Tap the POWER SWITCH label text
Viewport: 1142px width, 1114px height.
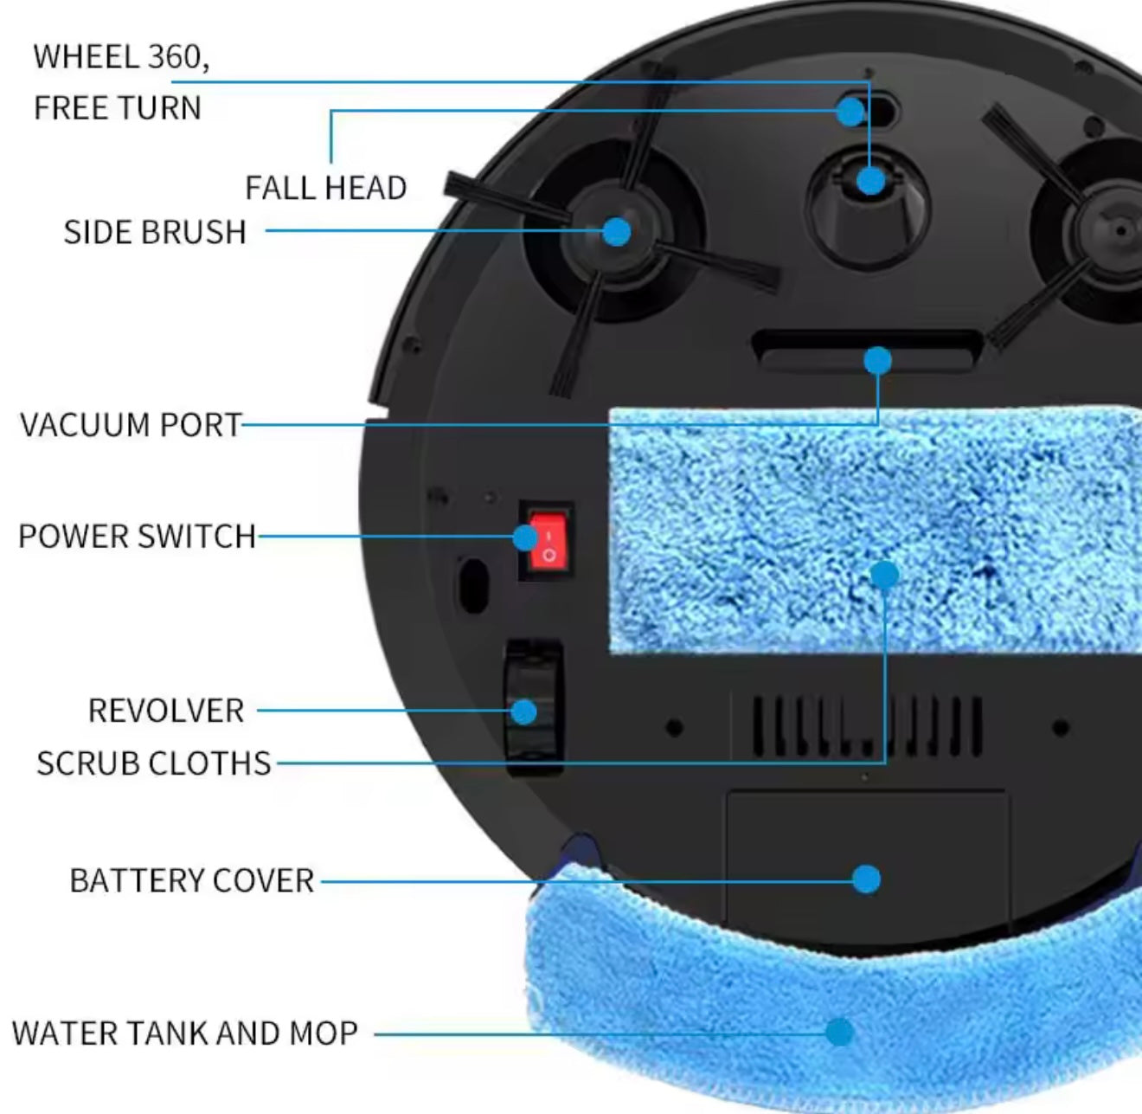click(x=137, y=537)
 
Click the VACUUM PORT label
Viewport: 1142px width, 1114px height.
click(x=131, y=425)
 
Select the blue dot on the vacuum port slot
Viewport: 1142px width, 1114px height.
click(x=877, y=360)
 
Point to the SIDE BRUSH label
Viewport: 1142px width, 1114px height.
click(x=155, y=232)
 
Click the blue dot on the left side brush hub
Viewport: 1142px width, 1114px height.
click(x=616, y=231)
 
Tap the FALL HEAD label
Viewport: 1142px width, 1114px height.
click(x=325, y=188)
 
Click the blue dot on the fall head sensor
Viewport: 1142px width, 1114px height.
click(x=851, y=111)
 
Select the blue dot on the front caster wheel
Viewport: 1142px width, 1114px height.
click(x=871, y=181)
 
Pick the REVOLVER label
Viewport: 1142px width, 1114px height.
click(x=166, y=711)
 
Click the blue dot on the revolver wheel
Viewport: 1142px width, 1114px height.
click(x=524, y=712)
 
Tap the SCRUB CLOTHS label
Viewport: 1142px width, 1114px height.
click(x=154, y=763)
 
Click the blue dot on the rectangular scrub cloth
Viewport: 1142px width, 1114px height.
click(x=884, y=575)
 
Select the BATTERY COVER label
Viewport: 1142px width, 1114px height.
click(x=191, y=881)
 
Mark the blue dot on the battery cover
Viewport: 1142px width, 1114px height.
click(x=866, y=879)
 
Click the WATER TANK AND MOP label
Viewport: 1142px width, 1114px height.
click(x=184, y=1033)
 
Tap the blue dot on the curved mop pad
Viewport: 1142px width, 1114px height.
click(x=838, y=1031)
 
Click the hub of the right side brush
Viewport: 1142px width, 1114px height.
click(x=1119, y=230)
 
